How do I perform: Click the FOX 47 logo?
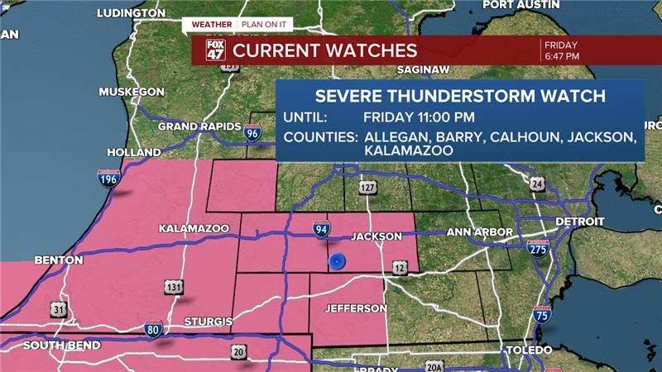(214, 50)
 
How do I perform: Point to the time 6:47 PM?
(563, 56)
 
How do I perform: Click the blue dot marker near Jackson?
(337, 262)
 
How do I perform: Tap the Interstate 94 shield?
(319, 229)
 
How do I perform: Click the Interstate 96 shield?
(252, 131)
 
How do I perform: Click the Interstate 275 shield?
(539, 247)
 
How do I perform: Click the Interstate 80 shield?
(152, 327)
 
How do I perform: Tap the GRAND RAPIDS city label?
(194, 126)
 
